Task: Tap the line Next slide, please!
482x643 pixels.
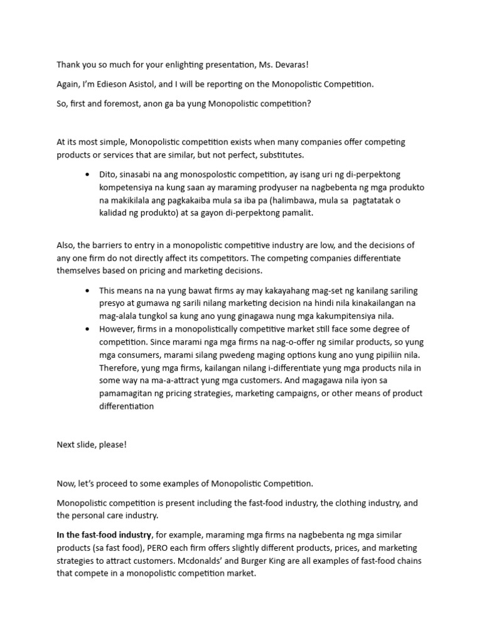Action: coord(92,445)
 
